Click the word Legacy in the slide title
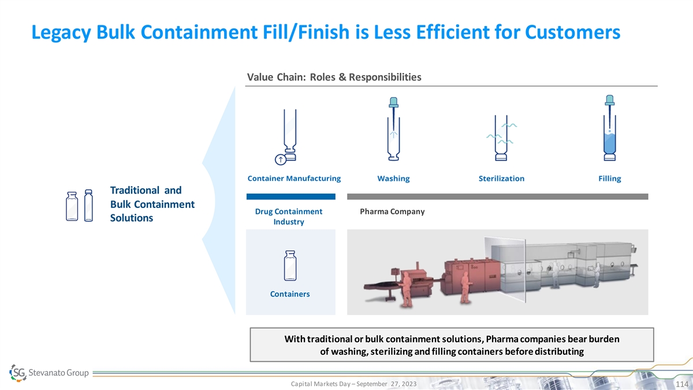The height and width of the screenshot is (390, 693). (x=61, y=32)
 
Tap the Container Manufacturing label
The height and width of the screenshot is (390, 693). (x=294, y=179)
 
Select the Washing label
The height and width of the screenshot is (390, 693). (x=393, y=179)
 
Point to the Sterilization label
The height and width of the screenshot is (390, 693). (x=501, y=179)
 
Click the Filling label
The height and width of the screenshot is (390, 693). (x=609, y=179)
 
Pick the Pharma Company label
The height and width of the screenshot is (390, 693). (x=392, y=211)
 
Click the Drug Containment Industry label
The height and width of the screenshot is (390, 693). (x=289, y=216)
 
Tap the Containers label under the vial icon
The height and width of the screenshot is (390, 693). (x=290, y=294)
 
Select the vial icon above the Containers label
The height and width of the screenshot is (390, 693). (x=290, y=266)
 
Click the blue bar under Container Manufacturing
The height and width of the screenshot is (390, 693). (x=291, y=196)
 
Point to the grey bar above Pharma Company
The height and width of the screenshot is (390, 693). (x=497, y=196)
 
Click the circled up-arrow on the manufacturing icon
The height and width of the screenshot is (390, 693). (x=280, y=159)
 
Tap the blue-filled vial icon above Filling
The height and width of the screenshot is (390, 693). (x=609, y=128)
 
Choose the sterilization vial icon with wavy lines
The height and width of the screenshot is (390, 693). (x=501, y=138)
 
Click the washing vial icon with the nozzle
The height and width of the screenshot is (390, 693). (x=393, y=129)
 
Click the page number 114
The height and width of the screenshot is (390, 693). (x=681, y=384)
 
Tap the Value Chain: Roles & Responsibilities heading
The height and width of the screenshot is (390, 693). (x=334, y=77)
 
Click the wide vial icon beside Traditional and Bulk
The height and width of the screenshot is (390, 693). (x=72, y=206)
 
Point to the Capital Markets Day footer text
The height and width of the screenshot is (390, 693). (x=353, y=384)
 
